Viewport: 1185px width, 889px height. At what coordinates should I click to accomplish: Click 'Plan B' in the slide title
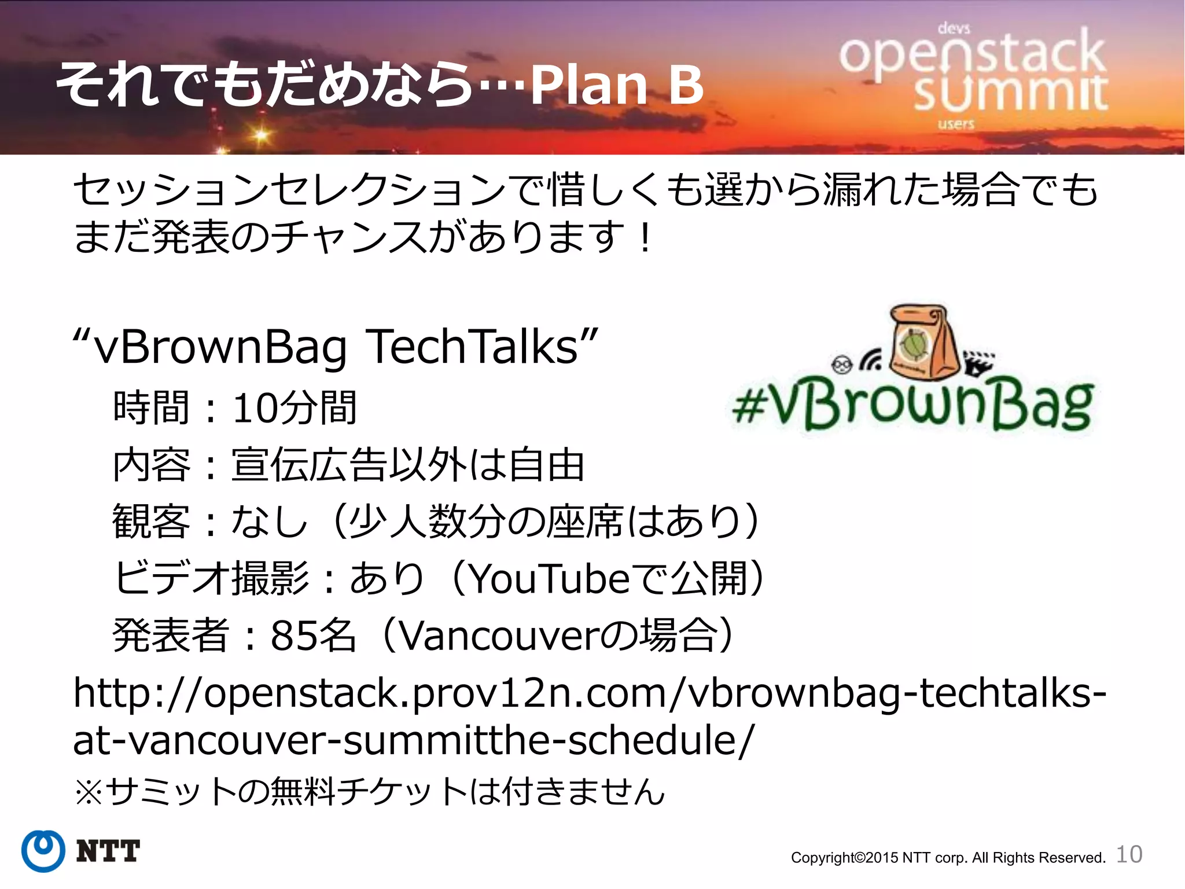(616, 85)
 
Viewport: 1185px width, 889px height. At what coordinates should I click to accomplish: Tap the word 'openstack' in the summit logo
(972, 55)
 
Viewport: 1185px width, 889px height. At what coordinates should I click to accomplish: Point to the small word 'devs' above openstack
(954, 28)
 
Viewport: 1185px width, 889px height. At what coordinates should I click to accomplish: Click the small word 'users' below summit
(956, 124)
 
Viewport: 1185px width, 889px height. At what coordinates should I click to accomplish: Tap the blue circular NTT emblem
(43, 851)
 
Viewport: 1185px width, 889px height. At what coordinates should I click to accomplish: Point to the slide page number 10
(1129, 854)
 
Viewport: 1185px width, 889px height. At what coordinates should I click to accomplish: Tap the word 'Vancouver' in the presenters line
(498, 635)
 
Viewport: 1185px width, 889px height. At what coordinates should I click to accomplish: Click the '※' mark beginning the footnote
(88, 792)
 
